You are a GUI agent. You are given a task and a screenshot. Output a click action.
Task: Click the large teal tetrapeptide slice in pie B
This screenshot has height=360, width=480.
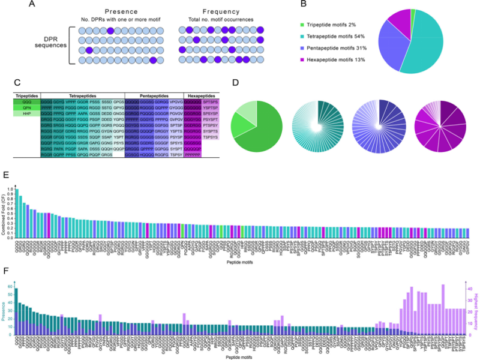pos(423,48)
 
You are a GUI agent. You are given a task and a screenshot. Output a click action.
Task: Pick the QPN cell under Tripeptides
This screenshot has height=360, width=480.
pos(26,109)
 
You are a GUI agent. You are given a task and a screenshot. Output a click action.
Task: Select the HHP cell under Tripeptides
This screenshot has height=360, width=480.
pos(26,116)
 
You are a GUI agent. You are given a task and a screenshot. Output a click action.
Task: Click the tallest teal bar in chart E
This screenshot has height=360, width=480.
pos(16,214)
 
